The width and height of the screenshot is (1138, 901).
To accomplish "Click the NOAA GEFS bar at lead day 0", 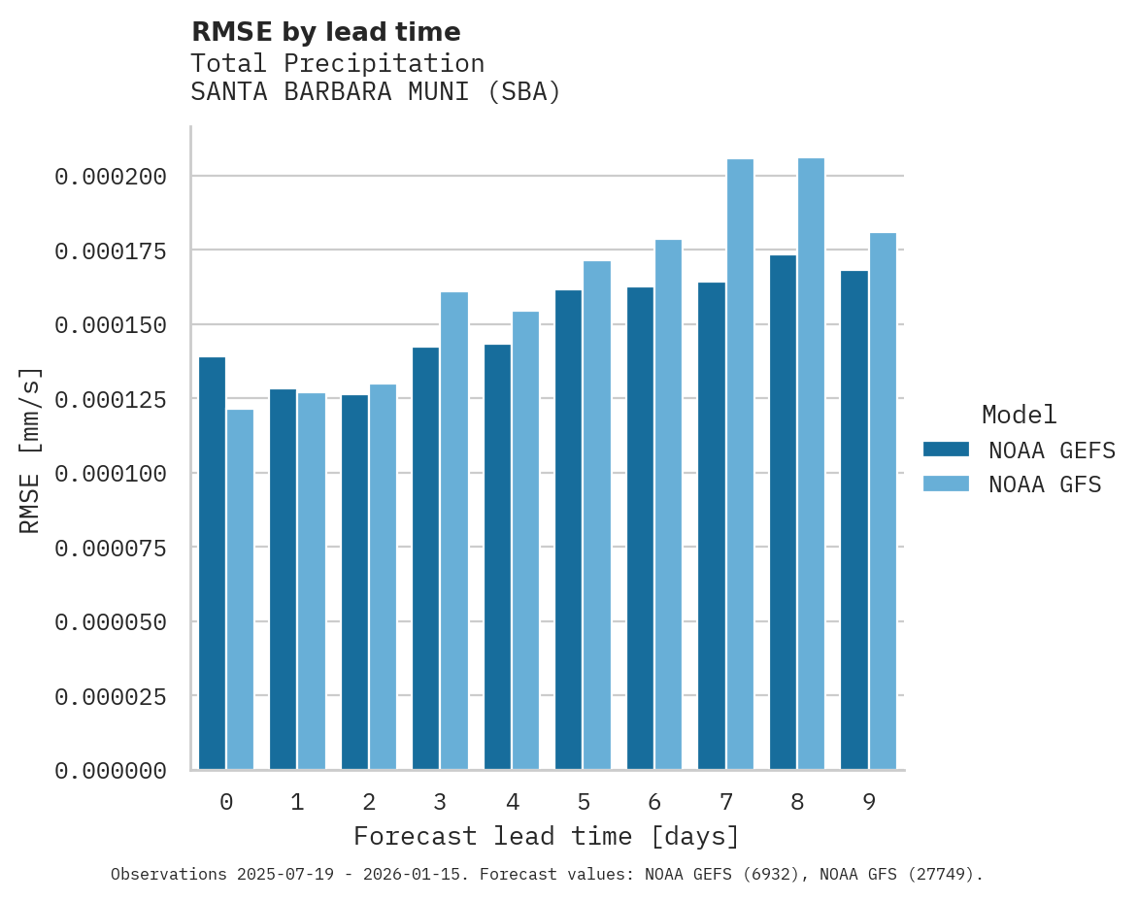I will [x=212, y=563].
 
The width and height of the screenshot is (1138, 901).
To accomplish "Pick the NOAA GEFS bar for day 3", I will [x=425, y=558].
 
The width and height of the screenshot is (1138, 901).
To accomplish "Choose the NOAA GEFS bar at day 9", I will [x=854, y=520].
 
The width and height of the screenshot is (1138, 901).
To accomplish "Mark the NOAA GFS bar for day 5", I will [x=597, y=516].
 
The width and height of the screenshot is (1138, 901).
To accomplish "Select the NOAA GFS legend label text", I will [x=1045, y=484].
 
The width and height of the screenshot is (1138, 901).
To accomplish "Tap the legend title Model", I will [x=1019, y=416].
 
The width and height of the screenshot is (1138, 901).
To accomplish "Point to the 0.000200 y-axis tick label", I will [x=111, y=177].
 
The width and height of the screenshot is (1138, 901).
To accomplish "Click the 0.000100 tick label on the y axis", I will [x=111, y=474].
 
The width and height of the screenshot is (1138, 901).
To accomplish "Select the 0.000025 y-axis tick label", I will [x=111, y=696].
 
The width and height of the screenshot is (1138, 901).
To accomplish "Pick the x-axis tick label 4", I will [x=512, y=802].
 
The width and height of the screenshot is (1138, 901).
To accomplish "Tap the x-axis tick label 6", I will [x=654, y=802].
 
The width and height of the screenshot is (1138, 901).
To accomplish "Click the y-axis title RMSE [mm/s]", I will [x=30, y=450].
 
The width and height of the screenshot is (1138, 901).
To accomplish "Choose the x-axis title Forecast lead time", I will [x=547, y=836].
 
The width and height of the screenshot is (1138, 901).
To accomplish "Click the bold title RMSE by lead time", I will [x=325, y=32].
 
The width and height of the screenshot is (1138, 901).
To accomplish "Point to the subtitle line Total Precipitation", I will [x=337, y=63].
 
